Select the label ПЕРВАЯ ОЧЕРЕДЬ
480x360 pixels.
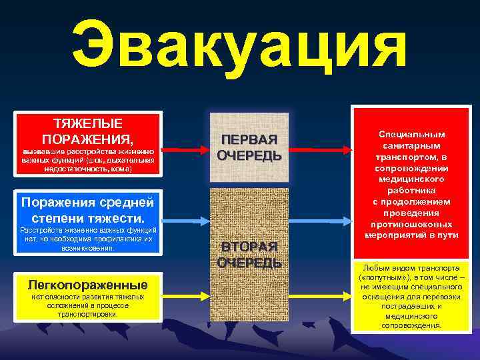tap(249, 147)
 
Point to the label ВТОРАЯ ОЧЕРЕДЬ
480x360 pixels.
tap(249, 254)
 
